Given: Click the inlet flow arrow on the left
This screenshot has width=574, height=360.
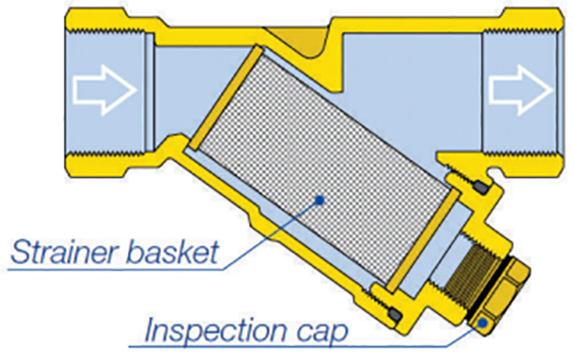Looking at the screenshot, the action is click(104, 90).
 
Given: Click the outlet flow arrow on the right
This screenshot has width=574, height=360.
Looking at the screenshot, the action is click(521, 90).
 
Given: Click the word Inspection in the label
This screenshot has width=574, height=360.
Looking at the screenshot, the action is click(215, 330).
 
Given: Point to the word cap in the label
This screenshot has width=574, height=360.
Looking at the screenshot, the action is click(320, 332).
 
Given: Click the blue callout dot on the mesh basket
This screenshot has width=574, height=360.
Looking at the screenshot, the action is click(320, 200).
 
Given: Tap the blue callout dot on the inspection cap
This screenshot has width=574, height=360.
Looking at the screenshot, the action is click(483, 323).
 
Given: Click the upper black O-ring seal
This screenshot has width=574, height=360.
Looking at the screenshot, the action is click(480, 187).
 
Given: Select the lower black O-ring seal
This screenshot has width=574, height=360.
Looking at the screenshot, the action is click(394, 314).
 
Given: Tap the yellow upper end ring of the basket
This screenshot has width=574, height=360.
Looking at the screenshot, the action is click(226, 99).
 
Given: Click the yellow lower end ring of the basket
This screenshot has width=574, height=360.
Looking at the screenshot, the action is click(423, 240).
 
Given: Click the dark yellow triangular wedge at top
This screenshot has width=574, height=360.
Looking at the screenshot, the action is click(298, 40).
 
